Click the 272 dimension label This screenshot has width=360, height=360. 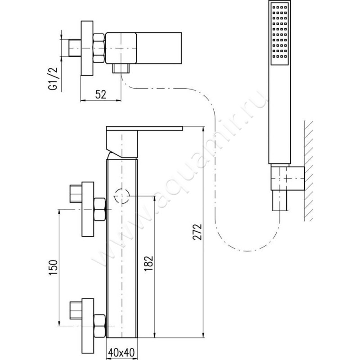[x=197, y=232]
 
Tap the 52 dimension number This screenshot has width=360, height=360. [x=101, y=94]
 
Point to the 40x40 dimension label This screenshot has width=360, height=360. [x=121, y=353]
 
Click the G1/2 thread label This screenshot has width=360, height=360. [x=53, y=79]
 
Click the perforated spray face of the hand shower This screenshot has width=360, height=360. [x=279, y=34]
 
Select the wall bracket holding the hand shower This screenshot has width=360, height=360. [x=288, y=178]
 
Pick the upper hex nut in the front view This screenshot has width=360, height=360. [x=100, y=209]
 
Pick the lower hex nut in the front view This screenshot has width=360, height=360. [x=100, y=326]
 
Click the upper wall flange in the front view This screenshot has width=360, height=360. [x=88, y=209]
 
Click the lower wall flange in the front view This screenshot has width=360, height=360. [x=88, y=326]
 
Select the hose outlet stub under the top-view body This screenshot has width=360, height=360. [x=121, y=68]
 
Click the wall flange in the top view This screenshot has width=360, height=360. [x=87, y=48]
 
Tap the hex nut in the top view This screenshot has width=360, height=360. [x=99, y=48]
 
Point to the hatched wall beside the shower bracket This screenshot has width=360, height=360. [x=309, y=171]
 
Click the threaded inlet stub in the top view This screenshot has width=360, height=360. [x=75, y=48]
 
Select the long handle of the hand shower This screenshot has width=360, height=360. [x=279, y=115]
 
